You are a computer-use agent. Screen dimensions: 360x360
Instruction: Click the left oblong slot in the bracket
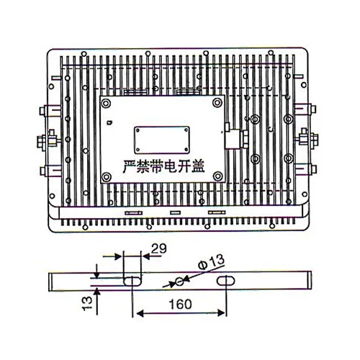coord(132,278)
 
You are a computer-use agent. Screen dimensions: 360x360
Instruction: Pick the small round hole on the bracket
coord(180,279)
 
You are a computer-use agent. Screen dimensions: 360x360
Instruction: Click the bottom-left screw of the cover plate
coord(107,176)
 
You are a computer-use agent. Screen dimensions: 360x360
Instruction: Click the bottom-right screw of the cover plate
coord(218,176)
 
